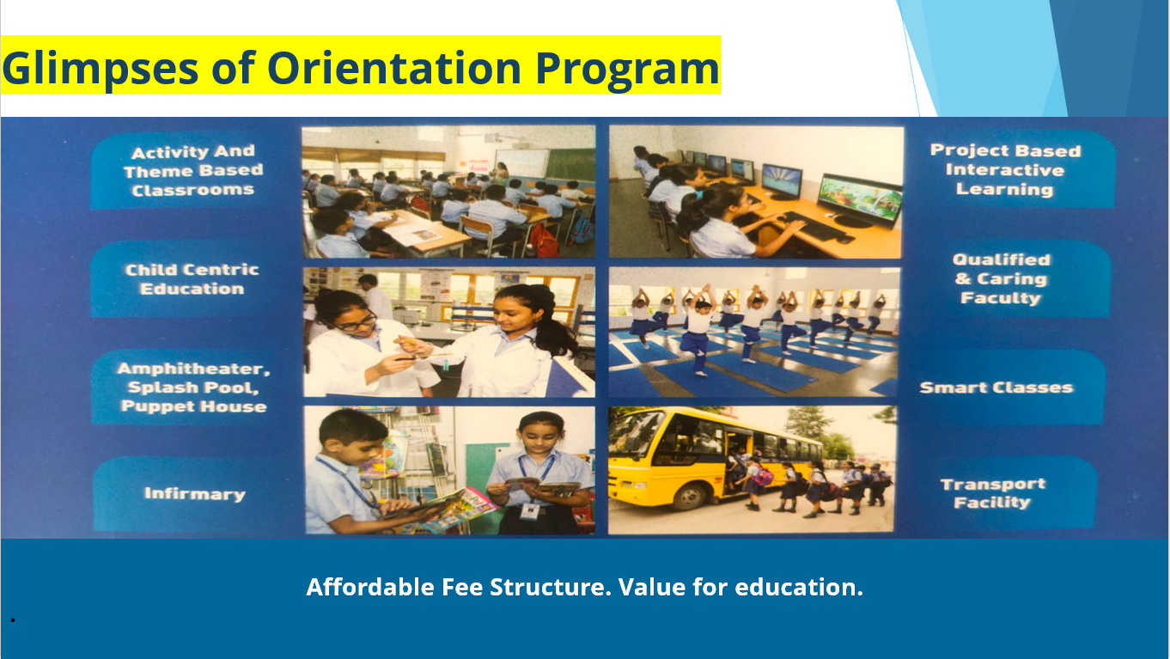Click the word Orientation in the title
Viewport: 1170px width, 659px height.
click(393, 69)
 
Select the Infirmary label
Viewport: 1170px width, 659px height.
click(195, 494)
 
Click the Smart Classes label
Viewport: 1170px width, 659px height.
click(996, 387)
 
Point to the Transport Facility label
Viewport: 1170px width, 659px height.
click(992, 493)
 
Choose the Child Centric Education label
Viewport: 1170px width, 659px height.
click(192, 279)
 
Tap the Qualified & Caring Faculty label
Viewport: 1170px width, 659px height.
click(1001, 278)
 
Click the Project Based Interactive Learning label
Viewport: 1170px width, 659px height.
click(1005, 170)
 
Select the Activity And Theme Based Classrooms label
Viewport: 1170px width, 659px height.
click(193, 170)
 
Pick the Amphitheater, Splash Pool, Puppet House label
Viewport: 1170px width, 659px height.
click(193, 387)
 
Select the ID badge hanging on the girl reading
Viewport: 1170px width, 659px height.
click(530, 511)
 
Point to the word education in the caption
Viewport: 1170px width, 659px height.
click(799, 587)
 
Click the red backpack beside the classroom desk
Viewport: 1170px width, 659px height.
click(545, 241)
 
